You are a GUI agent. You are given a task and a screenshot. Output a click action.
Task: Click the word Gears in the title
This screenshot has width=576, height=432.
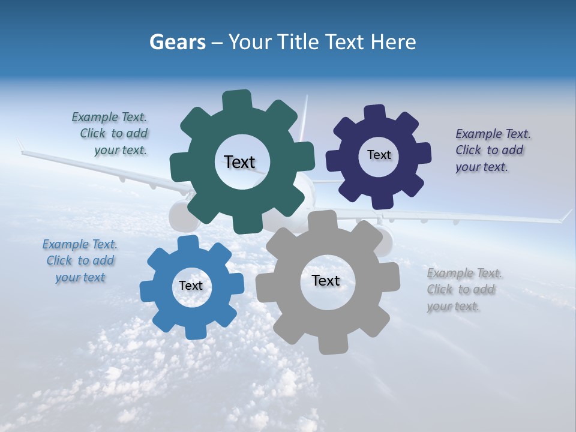tap(178, 42)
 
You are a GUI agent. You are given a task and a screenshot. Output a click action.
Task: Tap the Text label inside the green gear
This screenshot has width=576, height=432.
tap(239, 162)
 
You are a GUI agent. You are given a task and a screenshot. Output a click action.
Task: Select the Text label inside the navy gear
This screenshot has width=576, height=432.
tap(379, 155)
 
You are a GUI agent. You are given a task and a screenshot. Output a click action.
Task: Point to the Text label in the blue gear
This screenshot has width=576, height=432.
tap(191, 286)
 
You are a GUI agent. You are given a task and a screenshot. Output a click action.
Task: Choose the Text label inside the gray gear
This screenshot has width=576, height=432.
tap(325, 280)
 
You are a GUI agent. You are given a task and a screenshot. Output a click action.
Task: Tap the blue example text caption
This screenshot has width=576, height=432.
tap(80, 260)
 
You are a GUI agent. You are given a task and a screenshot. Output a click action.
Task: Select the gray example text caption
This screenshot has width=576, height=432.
tap(463, 289)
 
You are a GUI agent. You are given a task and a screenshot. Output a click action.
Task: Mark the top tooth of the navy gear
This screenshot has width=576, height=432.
tap(375, 112)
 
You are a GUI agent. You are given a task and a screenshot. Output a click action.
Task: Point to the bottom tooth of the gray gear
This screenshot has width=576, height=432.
tap(329, 344)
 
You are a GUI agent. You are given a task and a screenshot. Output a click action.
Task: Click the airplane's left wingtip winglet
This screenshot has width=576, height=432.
tap(20, 145)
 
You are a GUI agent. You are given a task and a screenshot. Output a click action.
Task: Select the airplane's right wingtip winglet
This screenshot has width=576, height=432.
tap(567, 215)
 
